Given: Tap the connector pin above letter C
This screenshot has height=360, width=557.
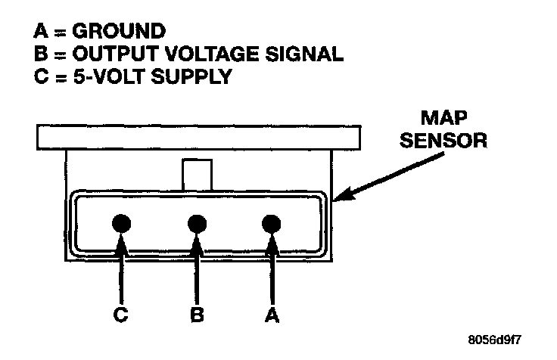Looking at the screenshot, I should (122, 223).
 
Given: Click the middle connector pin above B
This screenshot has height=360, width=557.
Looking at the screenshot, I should (197, 223).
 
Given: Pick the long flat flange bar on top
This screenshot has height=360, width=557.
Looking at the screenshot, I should (197, 137).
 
